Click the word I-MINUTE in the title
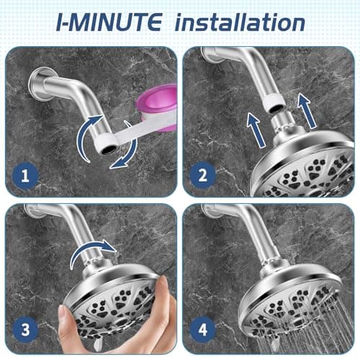coord(110,22)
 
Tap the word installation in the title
coord(240,22)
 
